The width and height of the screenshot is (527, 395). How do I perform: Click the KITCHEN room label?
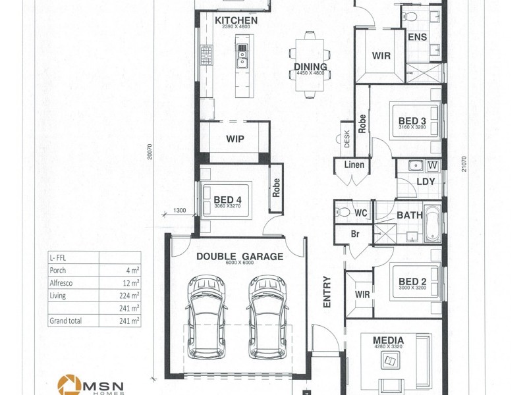click(x=236, y=20)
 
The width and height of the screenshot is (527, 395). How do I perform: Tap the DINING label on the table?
click(x=310, y=66)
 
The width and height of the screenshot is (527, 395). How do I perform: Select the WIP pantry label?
click(x=235, y=139)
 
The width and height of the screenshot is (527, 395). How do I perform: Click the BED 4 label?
click(x=227, y=200)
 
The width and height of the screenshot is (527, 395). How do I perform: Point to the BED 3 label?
click(x=412, y=121)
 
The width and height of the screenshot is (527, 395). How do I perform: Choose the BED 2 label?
click(x=412, y=282)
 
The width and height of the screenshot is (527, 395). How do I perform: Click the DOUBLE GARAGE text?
click(x=240, y=256)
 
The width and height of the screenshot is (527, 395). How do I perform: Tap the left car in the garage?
click(x=206, y=317)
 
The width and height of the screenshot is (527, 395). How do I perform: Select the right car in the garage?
click(x=267, y=317)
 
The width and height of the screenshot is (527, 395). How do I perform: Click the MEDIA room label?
click(x=388, y=340)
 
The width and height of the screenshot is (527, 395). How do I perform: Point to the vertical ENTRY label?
click(x=327, y=292)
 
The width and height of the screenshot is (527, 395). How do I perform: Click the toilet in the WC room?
click(x=343, y=212)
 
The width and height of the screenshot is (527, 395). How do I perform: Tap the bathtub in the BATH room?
click(x=433, y=224)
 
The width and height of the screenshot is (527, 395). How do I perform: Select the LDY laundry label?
click(x=426, y=182)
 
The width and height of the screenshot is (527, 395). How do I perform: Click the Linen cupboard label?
click(x=354, y=165)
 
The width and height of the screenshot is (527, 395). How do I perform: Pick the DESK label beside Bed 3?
click(x=347, y=139)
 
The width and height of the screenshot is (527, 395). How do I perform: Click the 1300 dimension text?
click(x=179, y=211)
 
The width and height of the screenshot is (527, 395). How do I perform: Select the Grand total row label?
click(x=65, y=321)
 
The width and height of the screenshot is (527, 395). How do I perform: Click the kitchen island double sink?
click(x=242, y=56)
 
